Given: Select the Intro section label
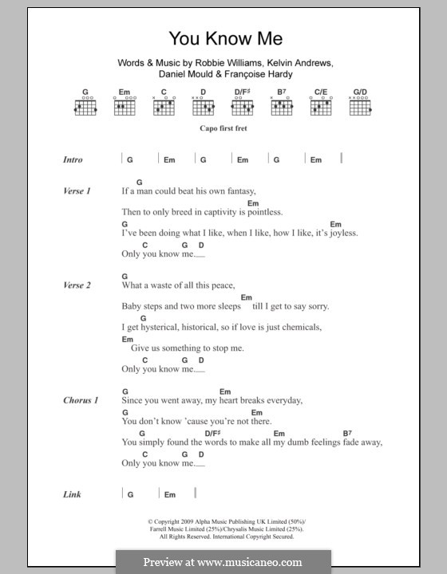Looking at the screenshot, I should [73, 159].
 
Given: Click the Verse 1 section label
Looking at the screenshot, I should [77, 191].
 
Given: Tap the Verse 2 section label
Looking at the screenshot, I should [77, 285].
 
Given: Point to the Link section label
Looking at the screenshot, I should [72, 494].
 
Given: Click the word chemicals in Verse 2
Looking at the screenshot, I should [297, 327].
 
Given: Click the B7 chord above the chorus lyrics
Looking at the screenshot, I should [348, 432].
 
